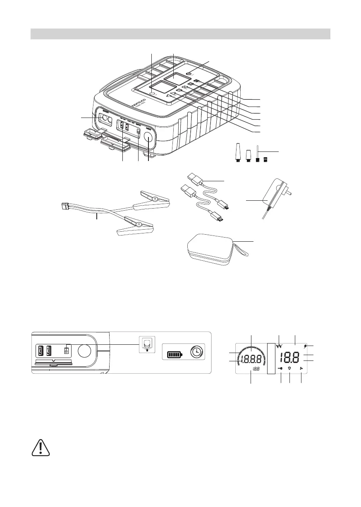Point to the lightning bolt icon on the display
[x=305, y=346]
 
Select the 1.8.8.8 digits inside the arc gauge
[x=252, y=358]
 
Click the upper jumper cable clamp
[x=155, y=200]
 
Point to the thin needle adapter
[x=258, y=153]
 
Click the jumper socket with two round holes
[x=106, y=120]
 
